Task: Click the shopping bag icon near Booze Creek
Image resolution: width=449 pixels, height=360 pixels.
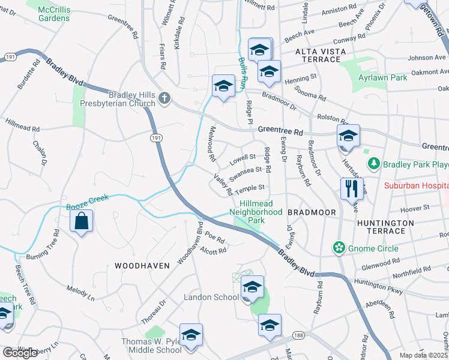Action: coord(82,221)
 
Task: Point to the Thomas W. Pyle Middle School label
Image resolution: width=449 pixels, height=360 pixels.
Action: coord(151,346)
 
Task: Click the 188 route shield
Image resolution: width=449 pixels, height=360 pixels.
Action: coord(298,334)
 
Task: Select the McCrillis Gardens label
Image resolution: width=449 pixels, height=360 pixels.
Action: coord(53,14)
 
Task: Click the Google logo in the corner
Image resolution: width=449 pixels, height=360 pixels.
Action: coord(20,353)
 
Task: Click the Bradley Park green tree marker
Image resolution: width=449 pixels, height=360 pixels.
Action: coord(374,163)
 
